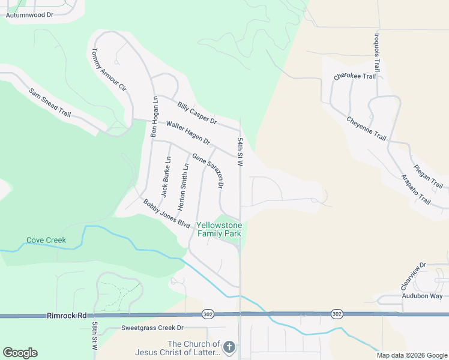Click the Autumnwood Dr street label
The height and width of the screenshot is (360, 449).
(x=34, y=15)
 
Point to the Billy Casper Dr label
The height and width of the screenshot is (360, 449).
(x=196, y=112)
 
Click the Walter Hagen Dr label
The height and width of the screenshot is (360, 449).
(x=188, y=133)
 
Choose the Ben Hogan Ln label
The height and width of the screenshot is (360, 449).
(x=154, y=116)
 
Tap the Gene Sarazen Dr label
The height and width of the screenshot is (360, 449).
(x=208, y=170)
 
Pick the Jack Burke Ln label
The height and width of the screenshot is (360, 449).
(x=166, y=177)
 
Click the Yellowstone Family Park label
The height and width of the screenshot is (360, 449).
(x=219, y=229)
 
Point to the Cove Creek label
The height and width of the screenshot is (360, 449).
(x=46, y=240)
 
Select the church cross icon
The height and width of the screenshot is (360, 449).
(x=229, y=347)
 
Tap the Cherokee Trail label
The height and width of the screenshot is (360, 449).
(x=355, y=76)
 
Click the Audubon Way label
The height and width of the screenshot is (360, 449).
(x=421, y=296)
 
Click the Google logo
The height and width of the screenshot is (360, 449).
(x=20, y=353)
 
